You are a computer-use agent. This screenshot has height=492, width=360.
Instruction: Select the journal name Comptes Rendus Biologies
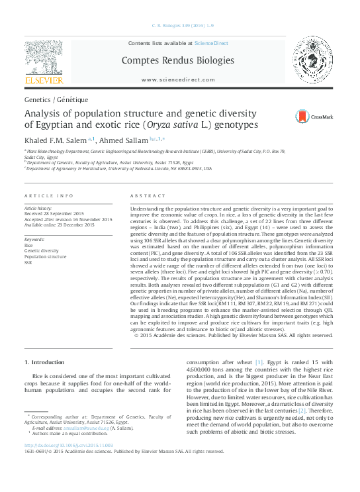click(x=177, y=60)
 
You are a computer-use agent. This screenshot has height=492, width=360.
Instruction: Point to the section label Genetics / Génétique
click(x=56, y=99)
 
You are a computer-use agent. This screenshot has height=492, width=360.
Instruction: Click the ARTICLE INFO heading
click(x=49, y=196)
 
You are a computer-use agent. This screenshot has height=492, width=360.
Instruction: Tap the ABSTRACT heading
click(x=144, y=196)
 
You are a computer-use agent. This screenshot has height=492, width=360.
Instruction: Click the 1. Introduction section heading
click(x=45, y=362)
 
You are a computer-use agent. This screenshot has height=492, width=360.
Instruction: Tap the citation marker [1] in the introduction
click(x=259, y=362)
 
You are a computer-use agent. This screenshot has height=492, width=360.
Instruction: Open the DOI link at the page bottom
click(x=69, y=464)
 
